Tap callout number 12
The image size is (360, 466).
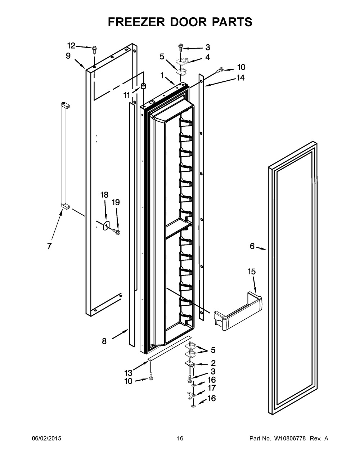(71, 45)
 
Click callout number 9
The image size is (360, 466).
(68, 55)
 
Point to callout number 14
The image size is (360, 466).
(240, 77)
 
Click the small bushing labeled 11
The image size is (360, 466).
(144, 86)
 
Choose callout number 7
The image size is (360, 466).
(49, 246)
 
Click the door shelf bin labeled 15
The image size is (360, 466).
(238, 312)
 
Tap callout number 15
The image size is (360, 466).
(251, 271)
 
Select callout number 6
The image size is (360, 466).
(252, 246)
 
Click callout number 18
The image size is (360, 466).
(104, 195)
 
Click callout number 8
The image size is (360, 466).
(104, 341)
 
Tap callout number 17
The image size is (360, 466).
(212, 388)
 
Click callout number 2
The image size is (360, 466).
(213, 363)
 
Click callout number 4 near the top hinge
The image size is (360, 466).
(207, 57)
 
